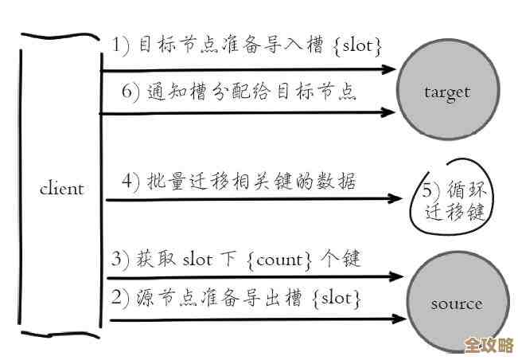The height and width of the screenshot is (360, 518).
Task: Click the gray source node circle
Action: pyautogui.click(x=456, y=303)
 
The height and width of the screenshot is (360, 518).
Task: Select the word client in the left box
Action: pyautogui.click(x=61, y=189)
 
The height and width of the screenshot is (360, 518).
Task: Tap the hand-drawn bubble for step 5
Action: pyautogui.click(x=452, y=202)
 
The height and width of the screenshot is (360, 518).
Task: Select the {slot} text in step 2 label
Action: pyautogui.click(x=337, y=299)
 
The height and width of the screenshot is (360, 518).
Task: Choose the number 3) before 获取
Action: pyautogui.click(x=120, y=259)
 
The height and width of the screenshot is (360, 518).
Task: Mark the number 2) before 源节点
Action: pyautogui.click(x=120, y=299)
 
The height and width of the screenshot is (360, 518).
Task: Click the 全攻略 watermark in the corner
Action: pyautogui.click(x=489, y=345)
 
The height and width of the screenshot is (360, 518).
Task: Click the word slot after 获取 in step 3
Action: pyautogui.click(x=197, y=259)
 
